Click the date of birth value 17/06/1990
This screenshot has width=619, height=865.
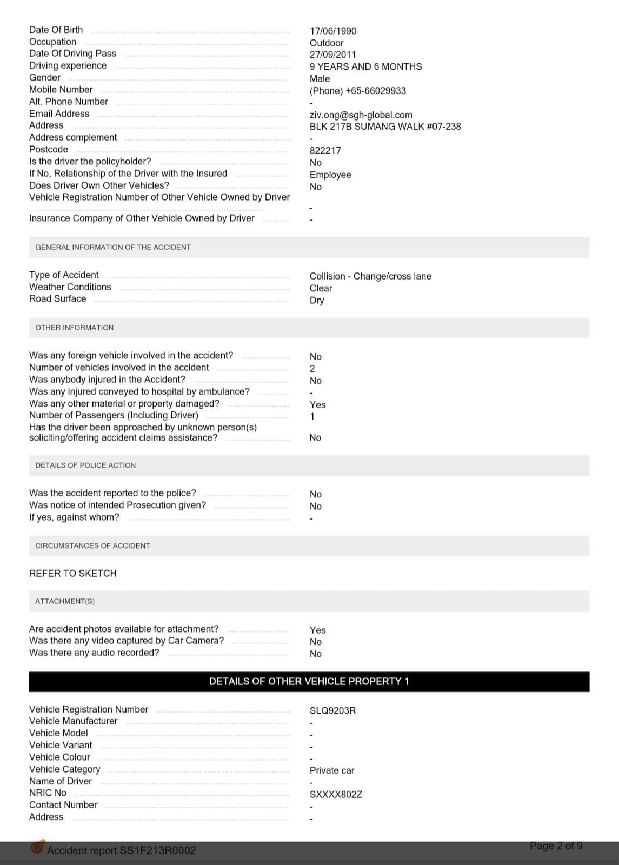click(333, 31)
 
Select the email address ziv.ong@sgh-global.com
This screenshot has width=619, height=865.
click(361, 115)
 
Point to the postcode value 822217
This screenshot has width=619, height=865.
click(325, 150)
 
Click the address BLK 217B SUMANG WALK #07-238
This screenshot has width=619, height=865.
click(385, 127)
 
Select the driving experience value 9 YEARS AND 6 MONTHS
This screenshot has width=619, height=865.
click(365, 67)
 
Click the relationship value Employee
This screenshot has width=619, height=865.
click(330, 175)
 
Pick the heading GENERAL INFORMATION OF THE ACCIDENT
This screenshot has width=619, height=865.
click(113, 247)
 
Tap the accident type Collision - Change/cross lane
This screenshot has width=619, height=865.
click(370, 276)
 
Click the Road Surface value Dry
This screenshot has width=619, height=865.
click(317, 300)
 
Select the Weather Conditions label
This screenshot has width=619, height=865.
click(70, 287)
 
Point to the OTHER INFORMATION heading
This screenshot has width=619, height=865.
click(75, 328)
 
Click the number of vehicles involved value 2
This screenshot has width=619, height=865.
click(312, 369)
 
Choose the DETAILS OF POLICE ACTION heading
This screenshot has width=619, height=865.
click(85, 465)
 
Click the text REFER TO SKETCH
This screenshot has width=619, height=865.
click(73, 573)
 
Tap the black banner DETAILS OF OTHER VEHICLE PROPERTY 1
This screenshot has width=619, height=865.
click(309, 681)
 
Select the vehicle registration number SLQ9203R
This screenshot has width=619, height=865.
click(332, 710)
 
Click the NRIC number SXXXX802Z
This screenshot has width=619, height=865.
click(336, 794)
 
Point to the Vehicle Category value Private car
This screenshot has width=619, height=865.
click(332, 770)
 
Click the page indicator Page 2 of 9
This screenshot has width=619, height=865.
click(556, 846)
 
